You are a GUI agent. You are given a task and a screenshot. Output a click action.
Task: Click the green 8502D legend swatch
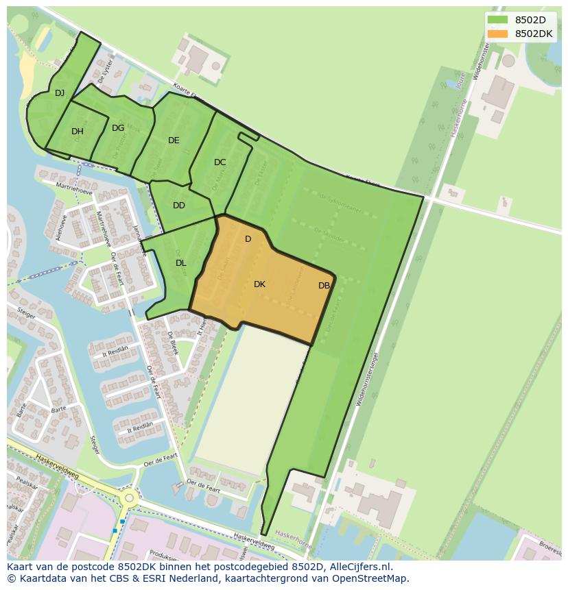click(497, 20)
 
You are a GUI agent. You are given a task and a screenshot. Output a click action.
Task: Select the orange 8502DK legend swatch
click(497, 34)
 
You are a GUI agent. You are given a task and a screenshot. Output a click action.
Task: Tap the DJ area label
click(60, 93)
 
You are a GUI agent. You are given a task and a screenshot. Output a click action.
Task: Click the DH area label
click(78, 132)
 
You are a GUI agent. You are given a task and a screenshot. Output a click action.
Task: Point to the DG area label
click(118, 128)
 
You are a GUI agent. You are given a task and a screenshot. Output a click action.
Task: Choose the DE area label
click(174, 140)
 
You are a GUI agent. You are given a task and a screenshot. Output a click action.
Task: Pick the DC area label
click(220, 162)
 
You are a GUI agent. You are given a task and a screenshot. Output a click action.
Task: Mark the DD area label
click(179, 206)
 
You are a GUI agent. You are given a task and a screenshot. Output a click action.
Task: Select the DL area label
click(181, 263)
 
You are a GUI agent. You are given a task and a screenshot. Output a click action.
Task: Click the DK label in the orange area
click(259, 284)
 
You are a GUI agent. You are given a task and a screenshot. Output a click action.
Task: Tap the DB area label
click(324, 286)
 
